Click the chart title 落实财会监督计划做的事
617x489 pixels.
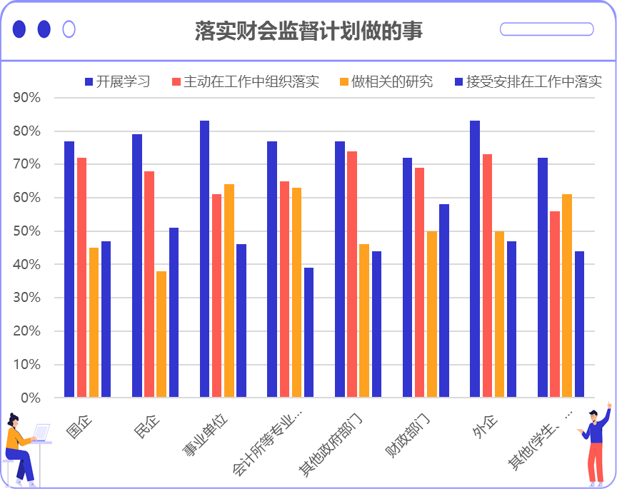pos(308,31)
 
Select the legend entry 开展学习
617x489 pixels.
pos(117,81)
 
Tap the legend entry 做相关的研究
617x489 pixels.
pos(386,81)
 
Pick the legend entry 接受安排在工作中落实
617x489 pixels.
pos(528,81)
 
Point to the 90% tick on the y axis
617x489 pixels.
pos(28,98)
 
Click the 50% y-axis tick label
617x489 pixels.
pos(28,231)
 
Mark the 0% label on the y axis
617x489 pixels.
pos(31,398)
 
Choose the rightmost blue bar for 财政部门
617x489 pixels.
pos(444,301)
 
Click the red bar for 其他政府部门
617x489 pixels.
pos(352,274)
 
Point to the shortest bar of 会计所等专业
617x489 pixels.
pos(308,332)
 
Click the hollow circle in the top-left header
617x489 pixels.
pos(69,29)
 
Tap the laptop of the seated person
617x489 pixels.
pos(41,433)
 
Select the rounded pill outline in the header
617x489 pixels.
pos(546,29)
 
